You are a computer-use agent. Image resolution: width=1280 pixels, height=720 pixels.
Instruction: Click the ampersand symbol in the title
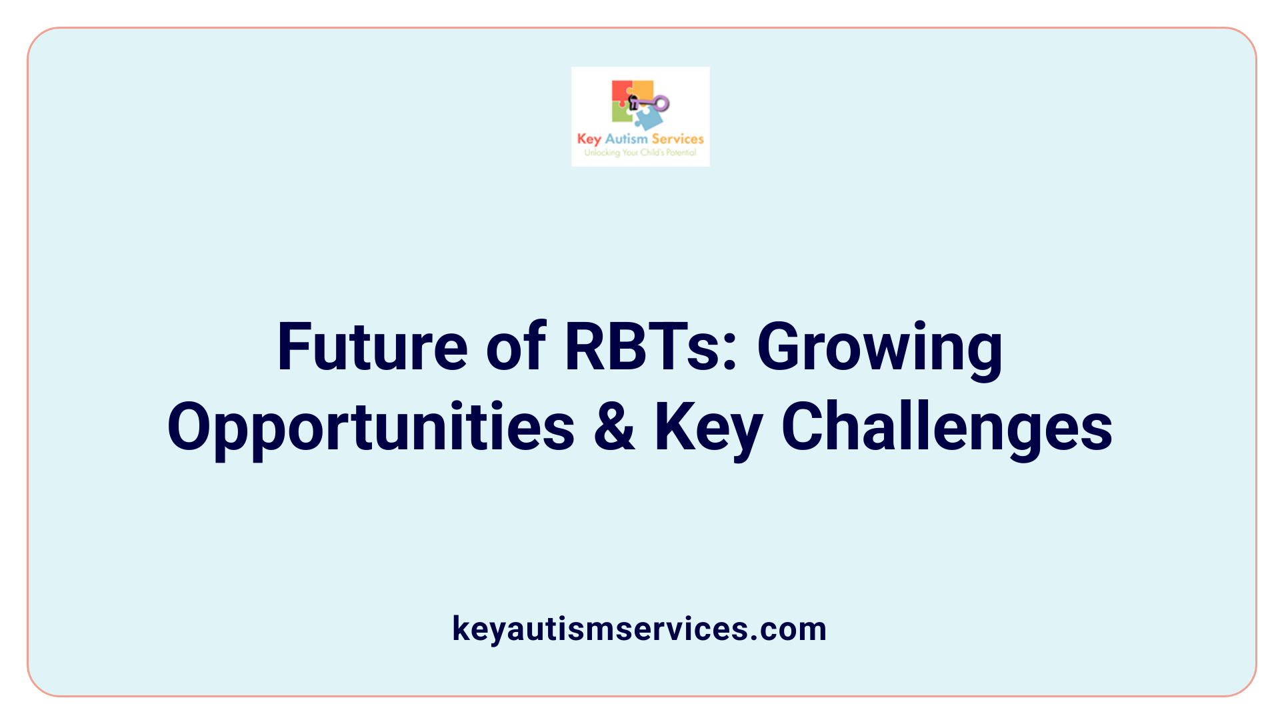coord(614,427)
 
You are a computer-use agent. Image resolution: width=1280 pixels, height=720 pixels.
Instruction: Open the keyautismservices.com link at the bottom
coord(639,629)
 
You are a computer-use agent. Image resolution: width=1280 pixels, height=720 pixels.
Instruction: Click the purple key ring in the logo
coord(661,103)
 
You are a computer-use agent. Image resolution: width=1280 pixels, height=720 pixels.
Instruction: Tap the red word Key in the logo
coord(589,139)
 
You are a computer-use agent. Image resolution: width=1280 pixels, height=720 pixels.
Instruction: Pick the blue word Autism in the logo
coord(626,139)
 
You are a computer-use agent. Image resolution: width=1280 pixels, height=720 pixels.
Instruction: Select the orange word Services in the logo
coord(677,139)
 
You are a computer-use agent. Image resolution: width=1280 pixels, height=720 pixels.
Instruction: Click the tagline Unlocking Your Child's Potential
coord(640,153)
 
